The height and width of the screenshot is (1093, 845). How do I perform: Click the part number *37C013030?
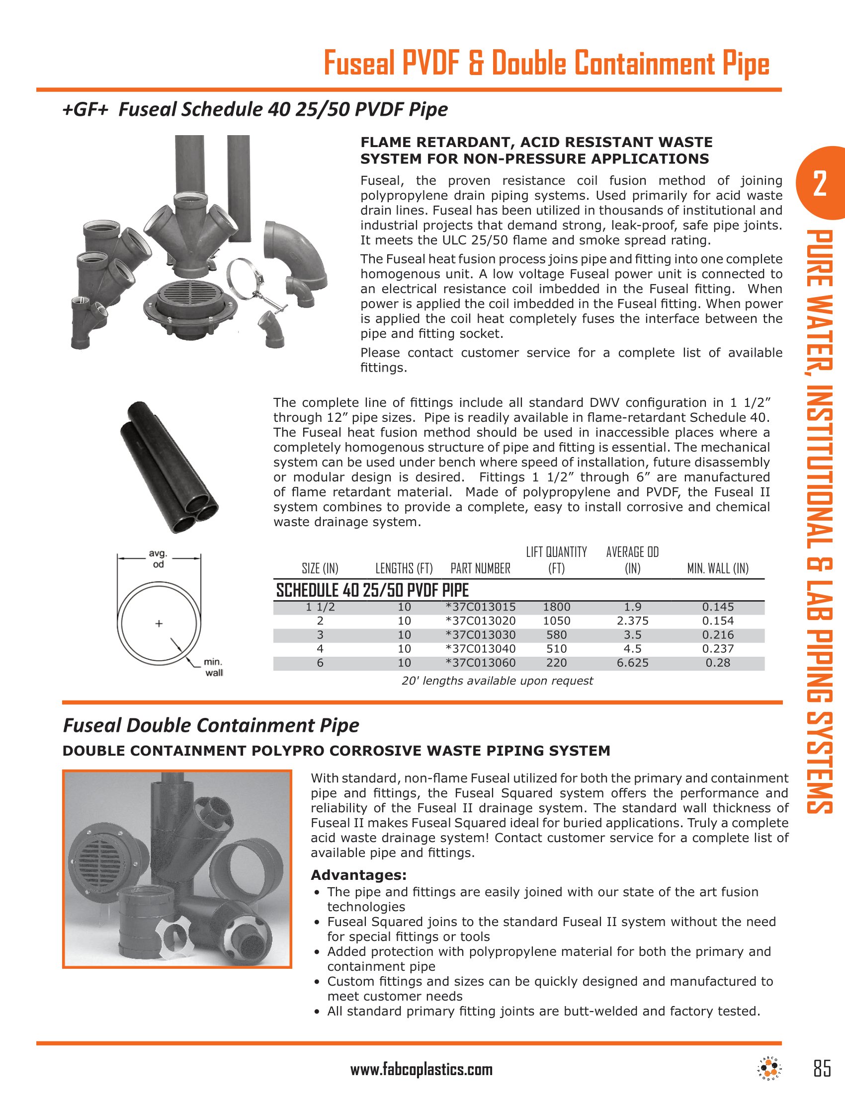(481, 635)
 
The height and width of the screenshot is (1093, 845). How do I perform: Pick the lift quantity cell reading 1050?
(556, 621)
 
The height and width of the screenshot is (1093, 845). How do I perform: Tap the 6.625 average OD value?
(632, 663)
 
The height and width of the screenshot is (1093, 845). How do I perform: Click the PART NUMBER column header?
(480, 568)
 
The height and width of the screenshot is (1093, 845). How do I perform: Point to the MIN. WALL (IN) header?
(717, 568)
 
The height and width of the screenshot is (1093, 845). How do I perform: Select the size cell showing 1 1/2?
(320, 607)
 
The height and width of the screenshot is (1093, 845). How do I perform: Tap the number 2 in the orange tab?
(820, 184)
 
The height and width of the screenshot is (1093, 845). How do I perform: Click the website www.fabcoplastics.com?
(421, 1070)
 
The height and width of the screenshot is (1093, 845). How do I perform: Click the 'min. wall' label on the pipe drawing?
(213, 668)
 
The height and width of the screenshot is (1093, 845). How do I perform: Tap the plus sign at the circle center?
(159, 624)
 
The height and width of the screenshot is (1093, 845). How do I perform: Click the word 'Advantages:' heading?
(358, 875)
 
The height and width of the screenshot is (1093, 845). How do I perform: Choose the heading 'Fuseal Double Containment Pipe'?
(211, 725)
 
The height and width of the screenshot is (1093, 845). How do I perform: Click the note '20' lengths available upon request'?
(497, 681)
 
